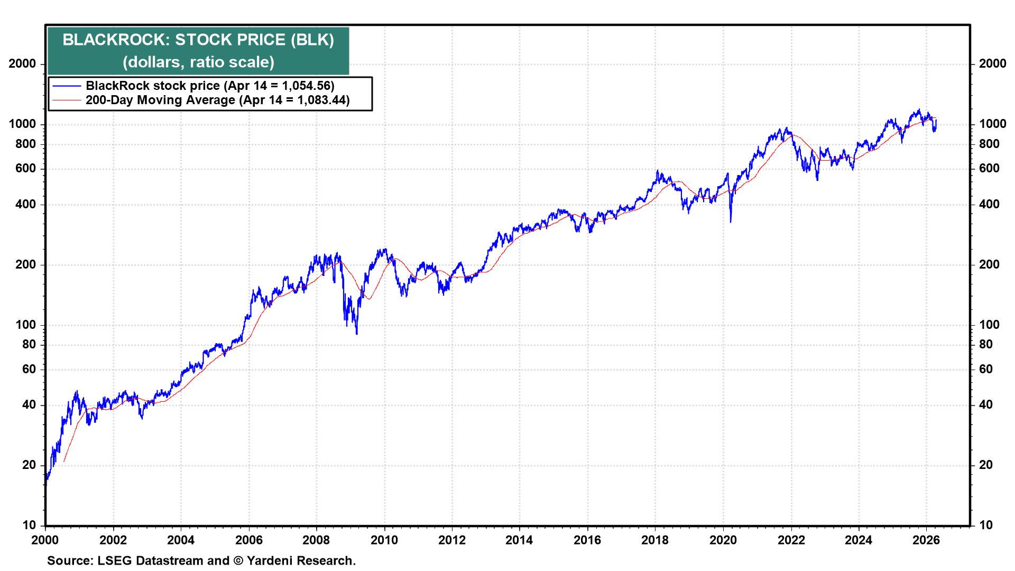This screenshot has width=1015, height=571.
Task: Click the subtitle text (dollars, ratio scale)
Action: (198, 62)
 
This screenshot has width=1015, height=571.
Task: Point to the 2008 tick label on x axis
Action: (316, 540)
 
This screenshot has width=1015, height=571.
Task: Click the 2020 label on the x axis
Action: (723, 540)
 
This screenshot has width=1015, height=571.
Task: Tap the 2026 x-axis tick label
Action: (926, 540)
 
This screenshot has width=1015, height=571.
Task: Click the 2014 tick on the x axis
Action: (520, 540)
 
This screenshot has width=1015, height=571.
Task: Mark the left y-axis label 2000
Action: (23, 64)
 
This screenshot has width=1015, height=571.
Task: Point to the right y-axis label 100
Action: (989, 325)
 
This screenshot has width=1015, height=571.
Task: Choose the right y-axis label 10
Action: (986, 526)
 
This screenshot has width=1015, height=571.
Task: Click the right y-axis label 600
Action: (989, 169)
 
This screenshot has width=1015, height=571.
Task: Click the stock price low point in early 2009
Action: (357, 334)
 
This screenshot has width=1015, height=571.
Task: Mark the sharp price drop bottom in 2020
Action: (731, 222)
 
